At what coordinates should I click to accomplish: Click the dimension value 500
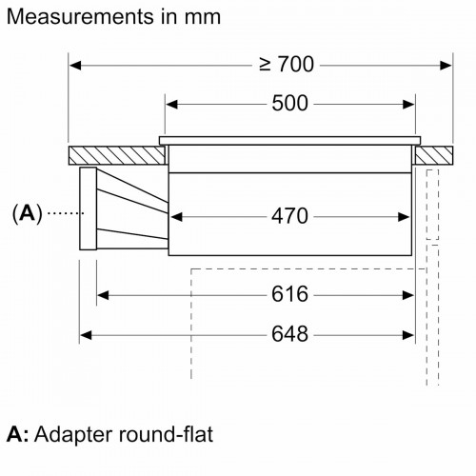point(289,103)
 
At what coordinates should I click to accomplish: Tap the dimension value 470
point(289,216)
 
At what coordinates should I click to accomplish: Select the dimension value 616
point(289,294)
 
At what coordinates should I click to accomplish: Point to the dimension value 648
point(289,334)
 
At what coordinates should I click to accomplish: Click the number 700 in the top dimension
point(296,64)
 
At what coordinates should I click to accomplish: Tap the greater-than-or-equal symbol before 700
point(266,64)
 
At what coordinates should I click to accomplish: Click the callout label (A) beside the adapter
point(28,213)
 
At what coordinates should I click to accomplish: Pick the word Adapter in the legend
point(73,435)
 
